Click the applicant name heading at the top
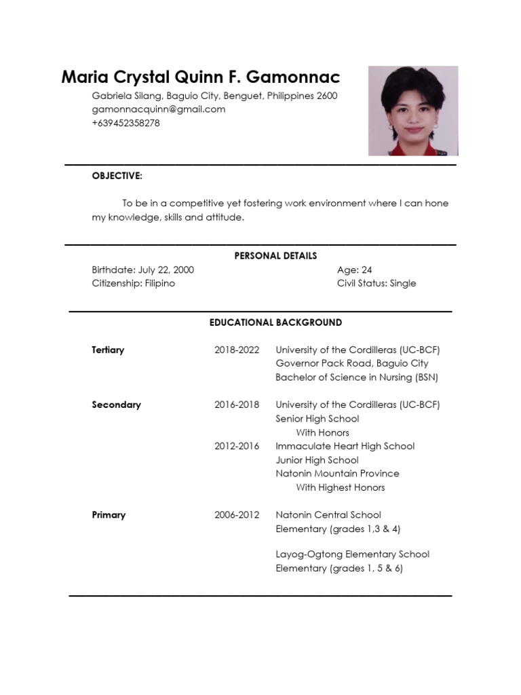[201, 77]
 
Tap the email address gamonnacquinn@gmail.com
[159, 109]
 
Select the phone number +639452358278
[126, 123]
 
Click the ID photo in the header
[412, 111]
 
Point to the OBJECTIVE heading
[117, 176]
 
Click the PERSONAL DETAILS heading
[275, 256]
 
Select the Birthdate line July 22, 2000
[143, 269]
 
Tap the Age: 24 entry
[355, 269]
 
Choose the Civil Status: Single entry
[377, 283]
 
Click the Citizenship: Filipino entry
[134, 283]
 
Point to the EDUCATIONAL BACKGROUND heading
[275, 322]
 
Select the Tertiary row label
[108, 350]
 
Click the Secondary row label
[116, 405]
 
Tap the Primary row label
[109, 514]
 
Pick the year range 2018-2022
[237, 350]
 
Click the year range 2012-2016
[237, 446]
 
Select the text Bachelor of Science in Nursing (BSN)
[357, 377]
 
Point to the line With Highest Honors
[340, 487]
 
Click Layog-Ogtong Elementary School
[352, 555]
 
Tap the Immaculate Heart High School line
[345, 446]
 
